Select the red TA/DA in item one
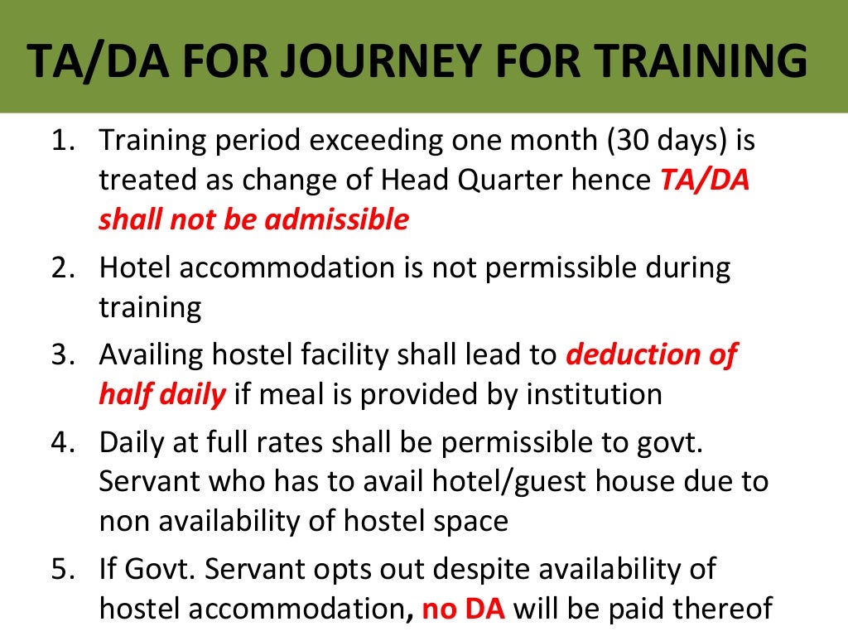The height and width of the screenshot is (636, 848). pos(704,181)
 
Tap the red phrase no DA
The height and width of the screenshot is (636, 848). pos(464,609)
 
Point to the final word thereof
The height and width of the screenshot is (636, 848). pos(717,609)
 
